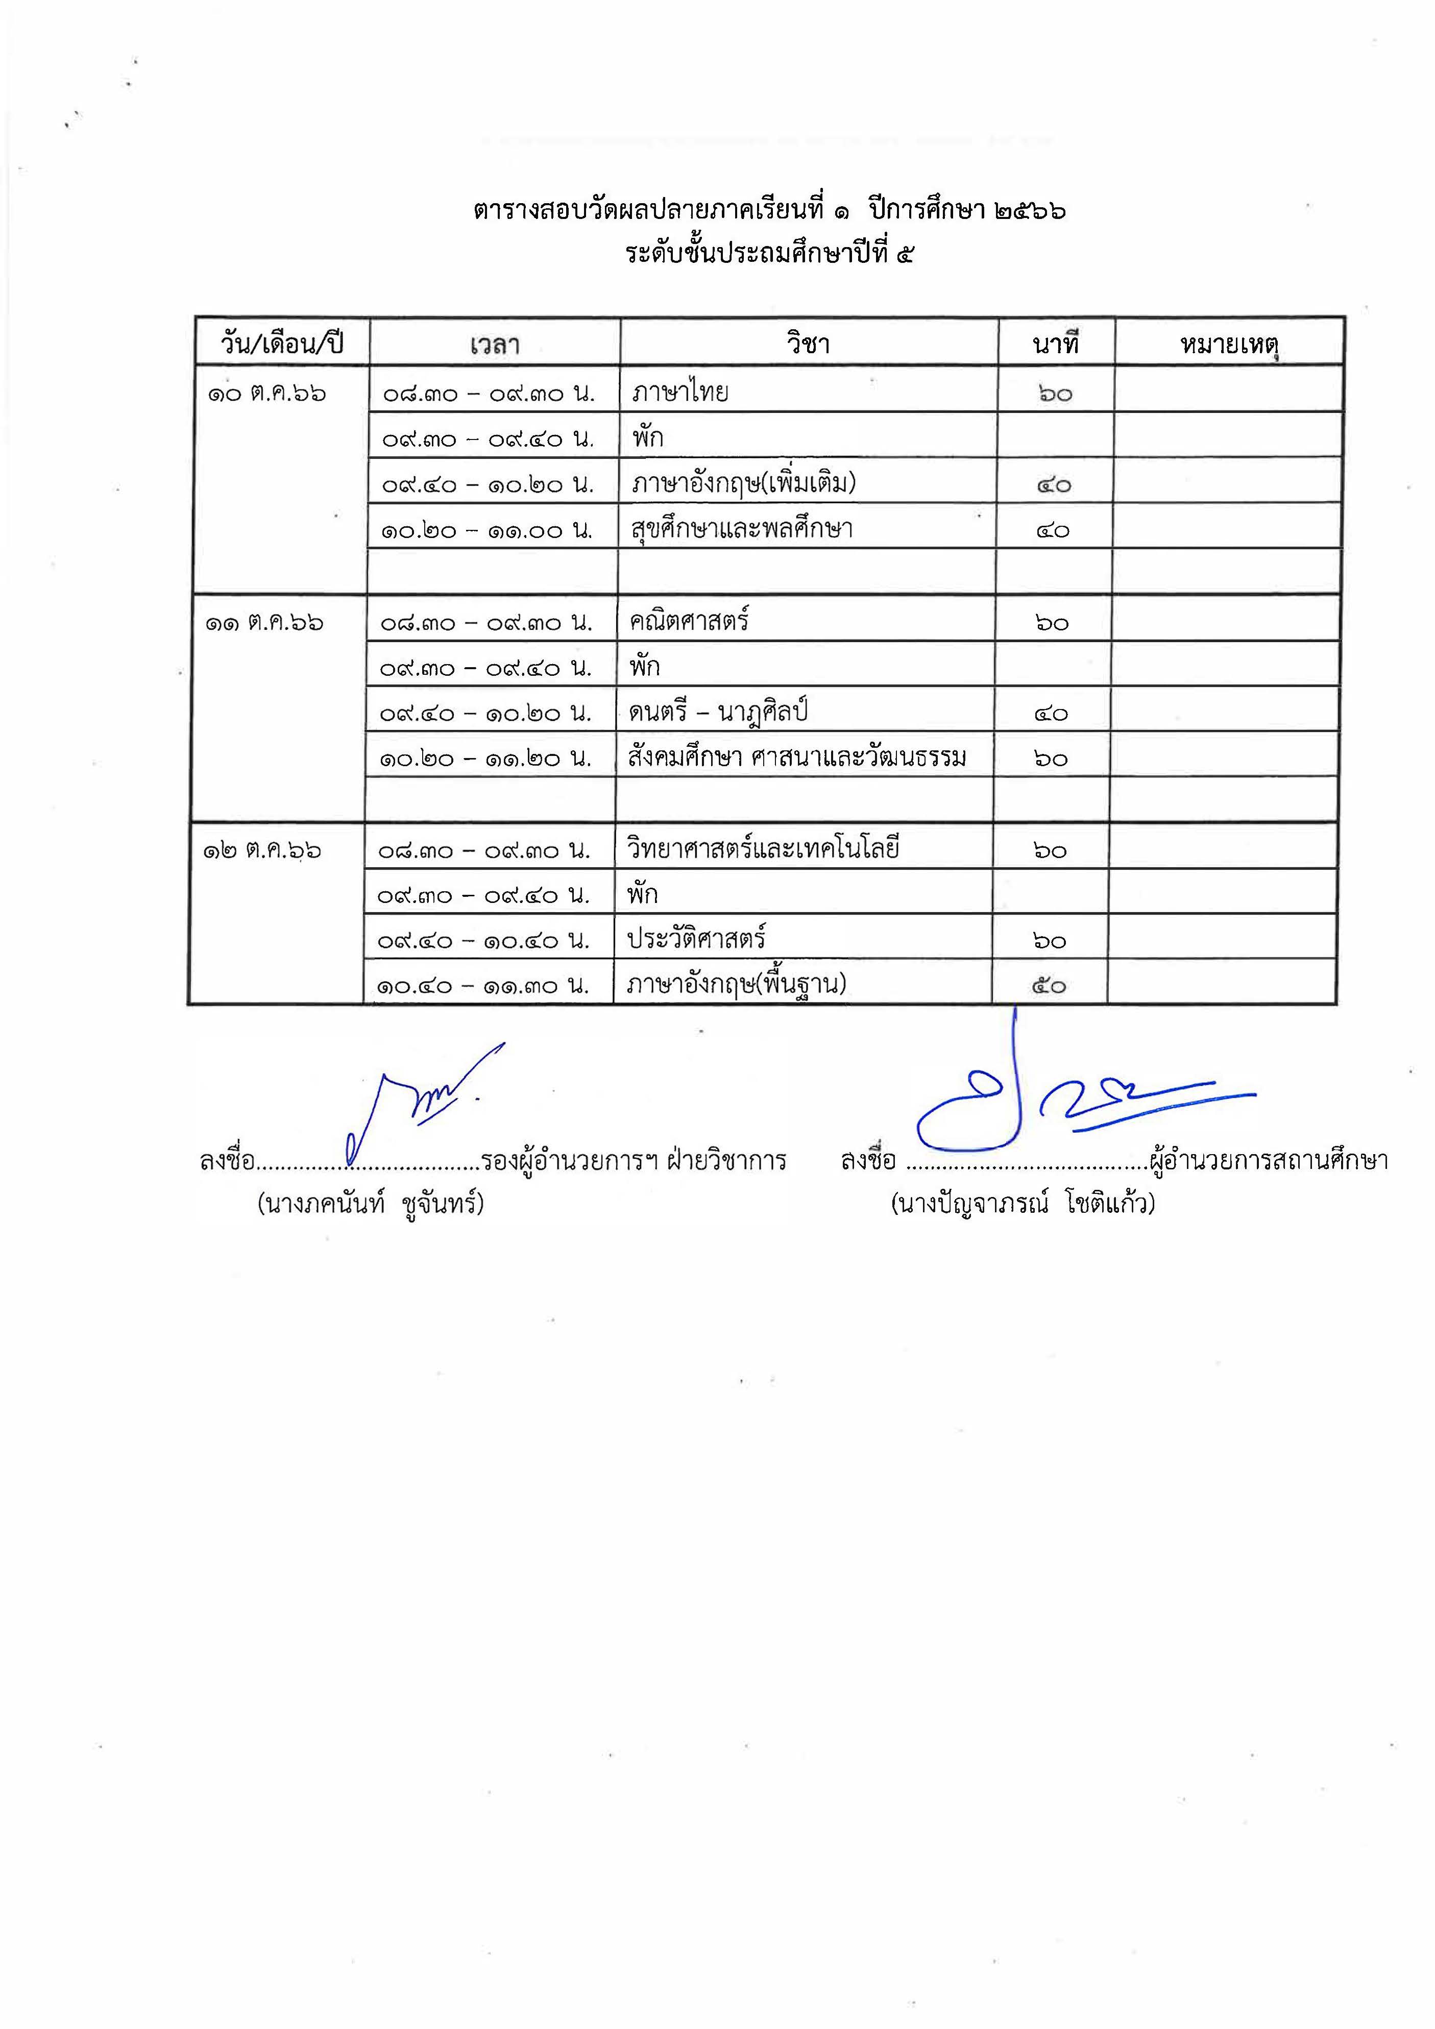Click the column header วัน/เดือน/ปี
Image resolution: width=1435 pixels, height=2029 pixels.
282,344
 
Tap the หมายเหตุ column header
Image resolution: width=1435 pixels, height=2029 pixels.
1229,344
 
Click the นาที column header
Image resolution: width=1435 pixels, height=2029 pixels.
1056,344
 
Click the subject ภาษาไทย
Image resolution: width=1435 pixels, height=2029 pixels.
680,392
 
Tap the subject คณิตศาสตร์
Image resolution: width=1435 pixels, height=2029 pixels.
689,621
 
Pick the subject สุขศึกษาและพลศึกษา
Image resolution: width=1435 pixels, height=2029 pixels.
742,528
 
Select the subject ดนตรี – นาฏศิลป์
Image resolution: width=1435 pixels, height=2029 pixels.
719,712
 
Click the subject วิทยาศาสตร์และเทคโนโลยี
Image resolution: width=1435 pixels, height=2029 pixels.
764,849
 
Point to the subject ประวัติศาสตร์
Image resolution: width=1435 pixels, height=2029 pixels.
696,939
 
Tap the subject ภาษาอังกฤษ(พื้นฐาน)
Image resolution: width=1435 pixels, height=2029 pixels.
736,985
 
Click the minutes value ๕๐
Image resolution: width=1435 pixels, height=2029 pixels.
1049,985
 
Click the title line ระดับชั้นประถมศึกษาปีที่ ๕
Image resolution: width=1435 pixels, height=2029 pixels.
769,255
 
